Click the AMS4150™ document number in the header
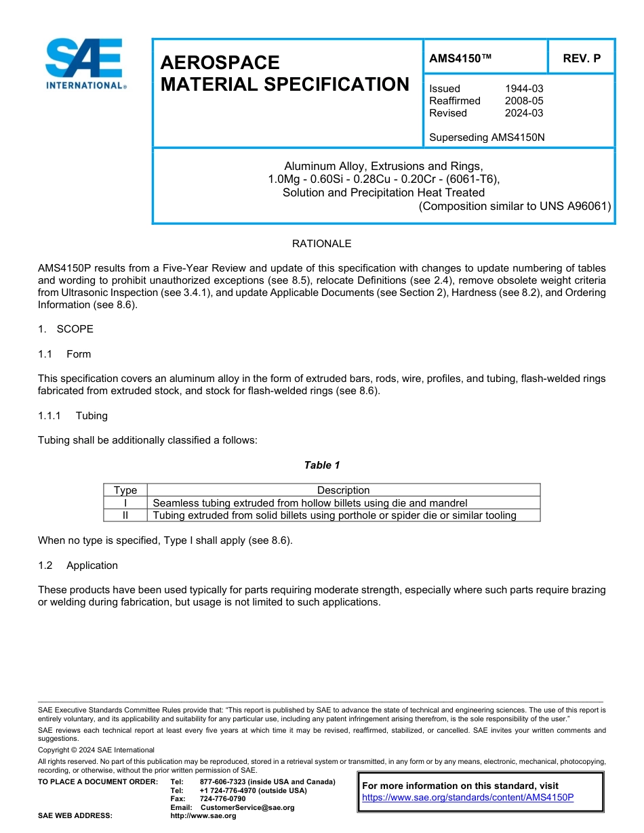click(460, 59)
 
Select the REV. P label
click(581, 59)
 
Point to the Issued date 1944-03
click(524, 89)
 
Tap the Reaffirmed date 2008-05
click(524, 101)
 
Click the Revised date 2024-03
click(524, 113)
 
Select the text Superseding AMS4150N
click(487, 137)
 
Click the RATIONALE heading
click(321, 244)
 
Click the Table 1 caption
click(322, 465)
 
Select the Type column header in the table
click(125, 490)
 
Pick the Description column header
click(343, 490)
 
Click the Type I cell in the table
click(125, 503)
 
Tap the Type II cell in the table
click(125, 515)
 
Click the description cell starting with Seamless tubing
click(310, 503)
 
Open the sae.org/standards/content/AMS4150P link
click(468, 798)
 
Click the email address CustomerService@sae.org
click(247, 808)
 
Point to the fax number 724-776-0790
click(223, 799)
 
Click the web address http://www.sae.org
click(203, 816)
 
